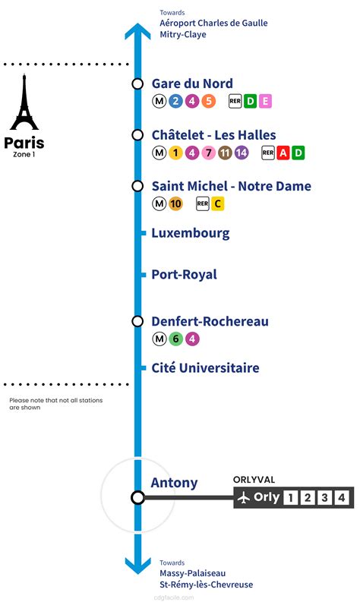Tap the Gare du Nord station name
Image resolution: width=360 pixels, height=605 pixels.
192,84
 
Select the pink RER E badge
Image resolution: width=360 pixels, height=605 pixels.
265,101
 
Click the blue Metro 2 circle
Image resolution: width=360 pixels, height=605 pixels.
175,101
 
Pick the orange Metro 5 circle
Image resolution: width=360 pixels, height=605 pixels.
208,101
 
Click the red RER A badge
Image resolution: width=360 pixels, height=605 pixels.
283,153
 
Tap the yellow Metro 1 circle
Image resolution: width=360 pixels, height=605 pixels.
175,153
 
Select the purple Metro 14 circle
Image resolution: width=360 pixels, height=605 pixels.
242,153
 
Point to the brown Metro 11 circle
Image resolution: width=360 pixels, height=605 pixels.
225,153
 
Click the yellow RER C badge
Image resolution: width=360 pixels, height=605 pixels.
217,203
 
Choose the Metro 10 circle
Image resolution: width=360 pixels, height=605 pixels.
175,203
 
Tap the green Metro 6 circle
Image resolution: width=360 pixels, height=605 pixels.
175,339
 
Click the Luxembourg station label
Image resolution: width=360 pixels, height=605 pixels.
190,233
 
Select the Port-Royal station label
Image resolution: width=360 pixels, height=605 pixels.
184,274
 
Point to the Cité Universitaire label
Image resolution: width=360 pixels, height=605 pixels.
205,368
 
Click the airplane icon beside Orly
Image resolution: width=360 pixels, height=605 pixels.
244,498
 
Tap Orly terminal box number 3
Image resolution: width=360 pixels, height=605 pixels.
324,498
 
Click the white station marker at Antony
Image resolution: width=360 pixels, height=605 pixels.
137,498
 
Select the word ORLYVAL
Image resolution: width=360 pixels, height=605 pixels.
254,479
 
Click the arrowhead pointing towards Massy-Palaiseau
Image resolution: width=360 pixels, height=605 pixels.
137,565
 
